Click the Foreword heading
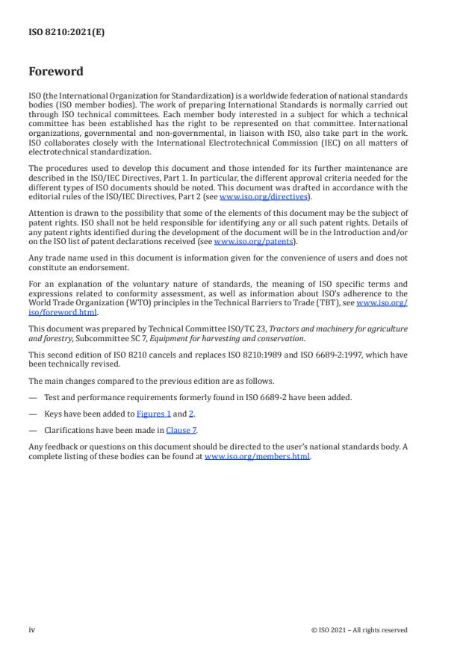click(x=55, y=72)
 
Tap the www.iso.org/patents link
click(x=243, y=242)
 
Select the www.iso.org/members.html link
click(x=256, y=457)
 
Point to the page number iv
click(x=32, y=630)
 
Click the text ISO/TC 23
click(x=220, y=328)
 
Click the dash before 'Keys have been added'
click(x=32, y=414)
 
